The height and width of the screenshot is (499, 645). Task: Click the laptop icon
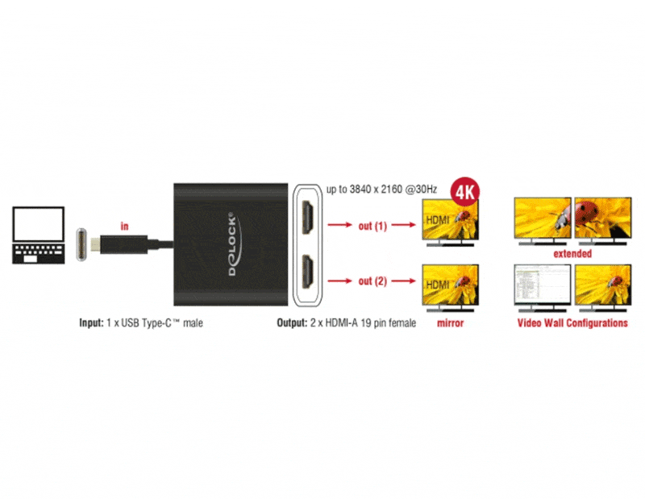click(38, 235)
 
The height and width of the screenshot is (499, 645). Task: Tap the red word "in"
click(124, 227)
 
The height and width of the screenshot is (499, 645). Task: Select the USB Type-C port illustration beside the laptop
click(81, 244)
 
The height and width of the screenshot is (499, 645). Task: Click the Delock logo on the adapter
click(233, 243)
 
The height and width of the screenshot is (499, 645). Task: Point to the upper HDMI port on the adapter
click(307, 217)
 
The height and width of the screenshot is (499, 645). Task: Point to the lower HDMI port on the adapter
click(307, 272)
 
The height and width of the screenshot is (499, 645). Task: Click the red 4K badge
click(465, 191)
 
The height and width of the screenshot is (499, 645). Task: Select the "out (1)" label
click(372, 226)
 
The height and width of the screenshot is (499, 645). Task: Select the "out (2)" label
click(372, 281)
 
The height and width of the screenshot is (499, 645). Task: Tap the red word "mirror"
click(451, 323)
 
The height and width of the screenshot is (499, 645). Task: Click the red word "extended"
click(572, 253)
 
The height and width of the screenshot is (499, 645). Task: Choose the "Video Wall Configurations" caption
click(572, 323)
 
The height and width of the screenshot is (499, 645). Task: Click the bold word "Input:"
click(91, 323)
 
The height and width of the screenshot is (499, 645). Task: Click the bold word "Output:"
click(292, 323)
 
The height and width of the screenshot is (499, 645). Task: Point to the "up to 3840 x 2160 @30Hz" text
click(381, 189)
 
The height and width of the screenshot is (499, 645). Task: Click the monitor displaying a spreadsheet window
click(543, 288)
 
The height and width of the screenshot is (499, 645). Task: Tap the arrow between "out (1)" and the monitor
click(404, 225)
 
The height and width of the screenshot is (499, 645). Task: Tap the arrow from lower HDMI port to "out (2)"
click(339, 281)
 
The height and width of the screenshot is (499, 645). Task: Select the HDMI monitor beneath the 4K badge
click(451, 222)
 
